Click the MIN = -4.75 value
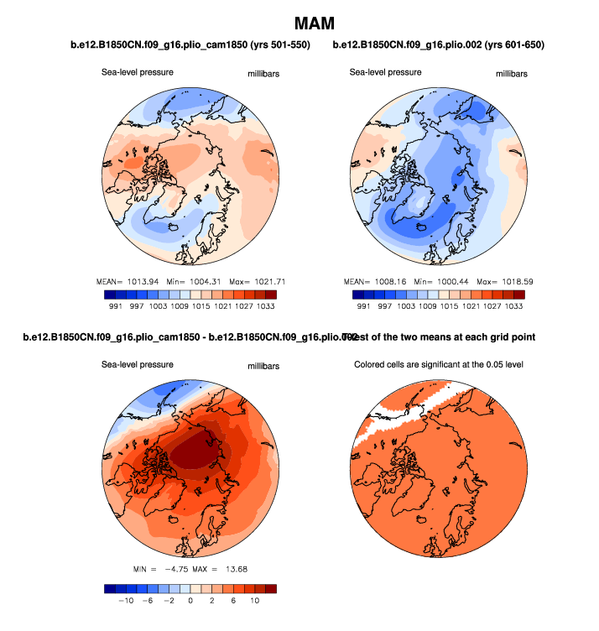pyautogui.click(x=164, y=571)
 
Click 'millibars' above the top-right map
pyautogui.click(x=512, y=74)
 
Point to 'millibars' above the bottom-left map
pyautogui.click(x=263, y=367)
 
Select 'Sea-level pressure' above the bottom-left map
pyautogui.click(x=138, y=365)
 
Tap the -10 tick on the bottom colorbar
pyautogui.click(x=126, y=601)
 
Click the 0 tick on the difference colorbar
pyautogui.click(x=190, y=601)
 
